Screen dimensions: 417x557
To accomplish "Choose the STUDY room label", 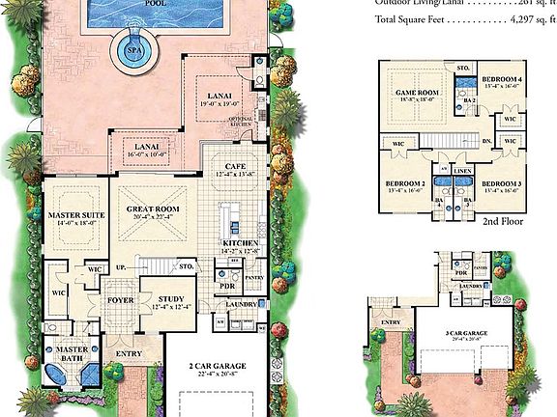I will coord(169,300).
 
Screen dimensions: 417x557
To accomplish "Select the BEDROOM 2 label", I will coord(403,183).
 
